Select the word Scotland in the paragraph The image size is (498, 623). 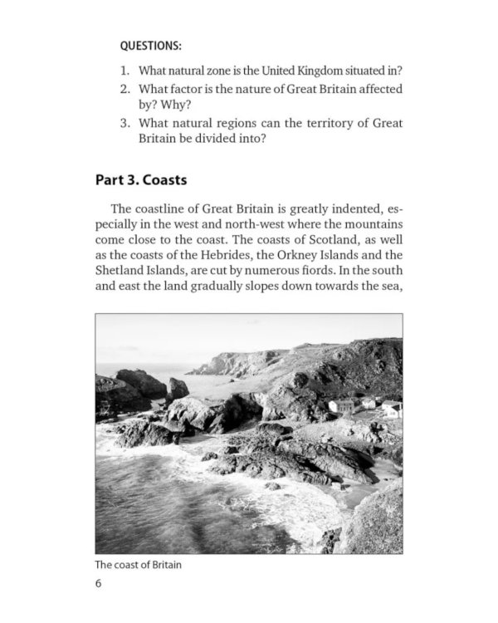(x=326, y=240)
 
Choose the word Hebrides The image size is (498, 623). (x=229, y=256)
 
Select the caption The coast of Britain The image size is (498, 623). (x=138, y=565)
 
